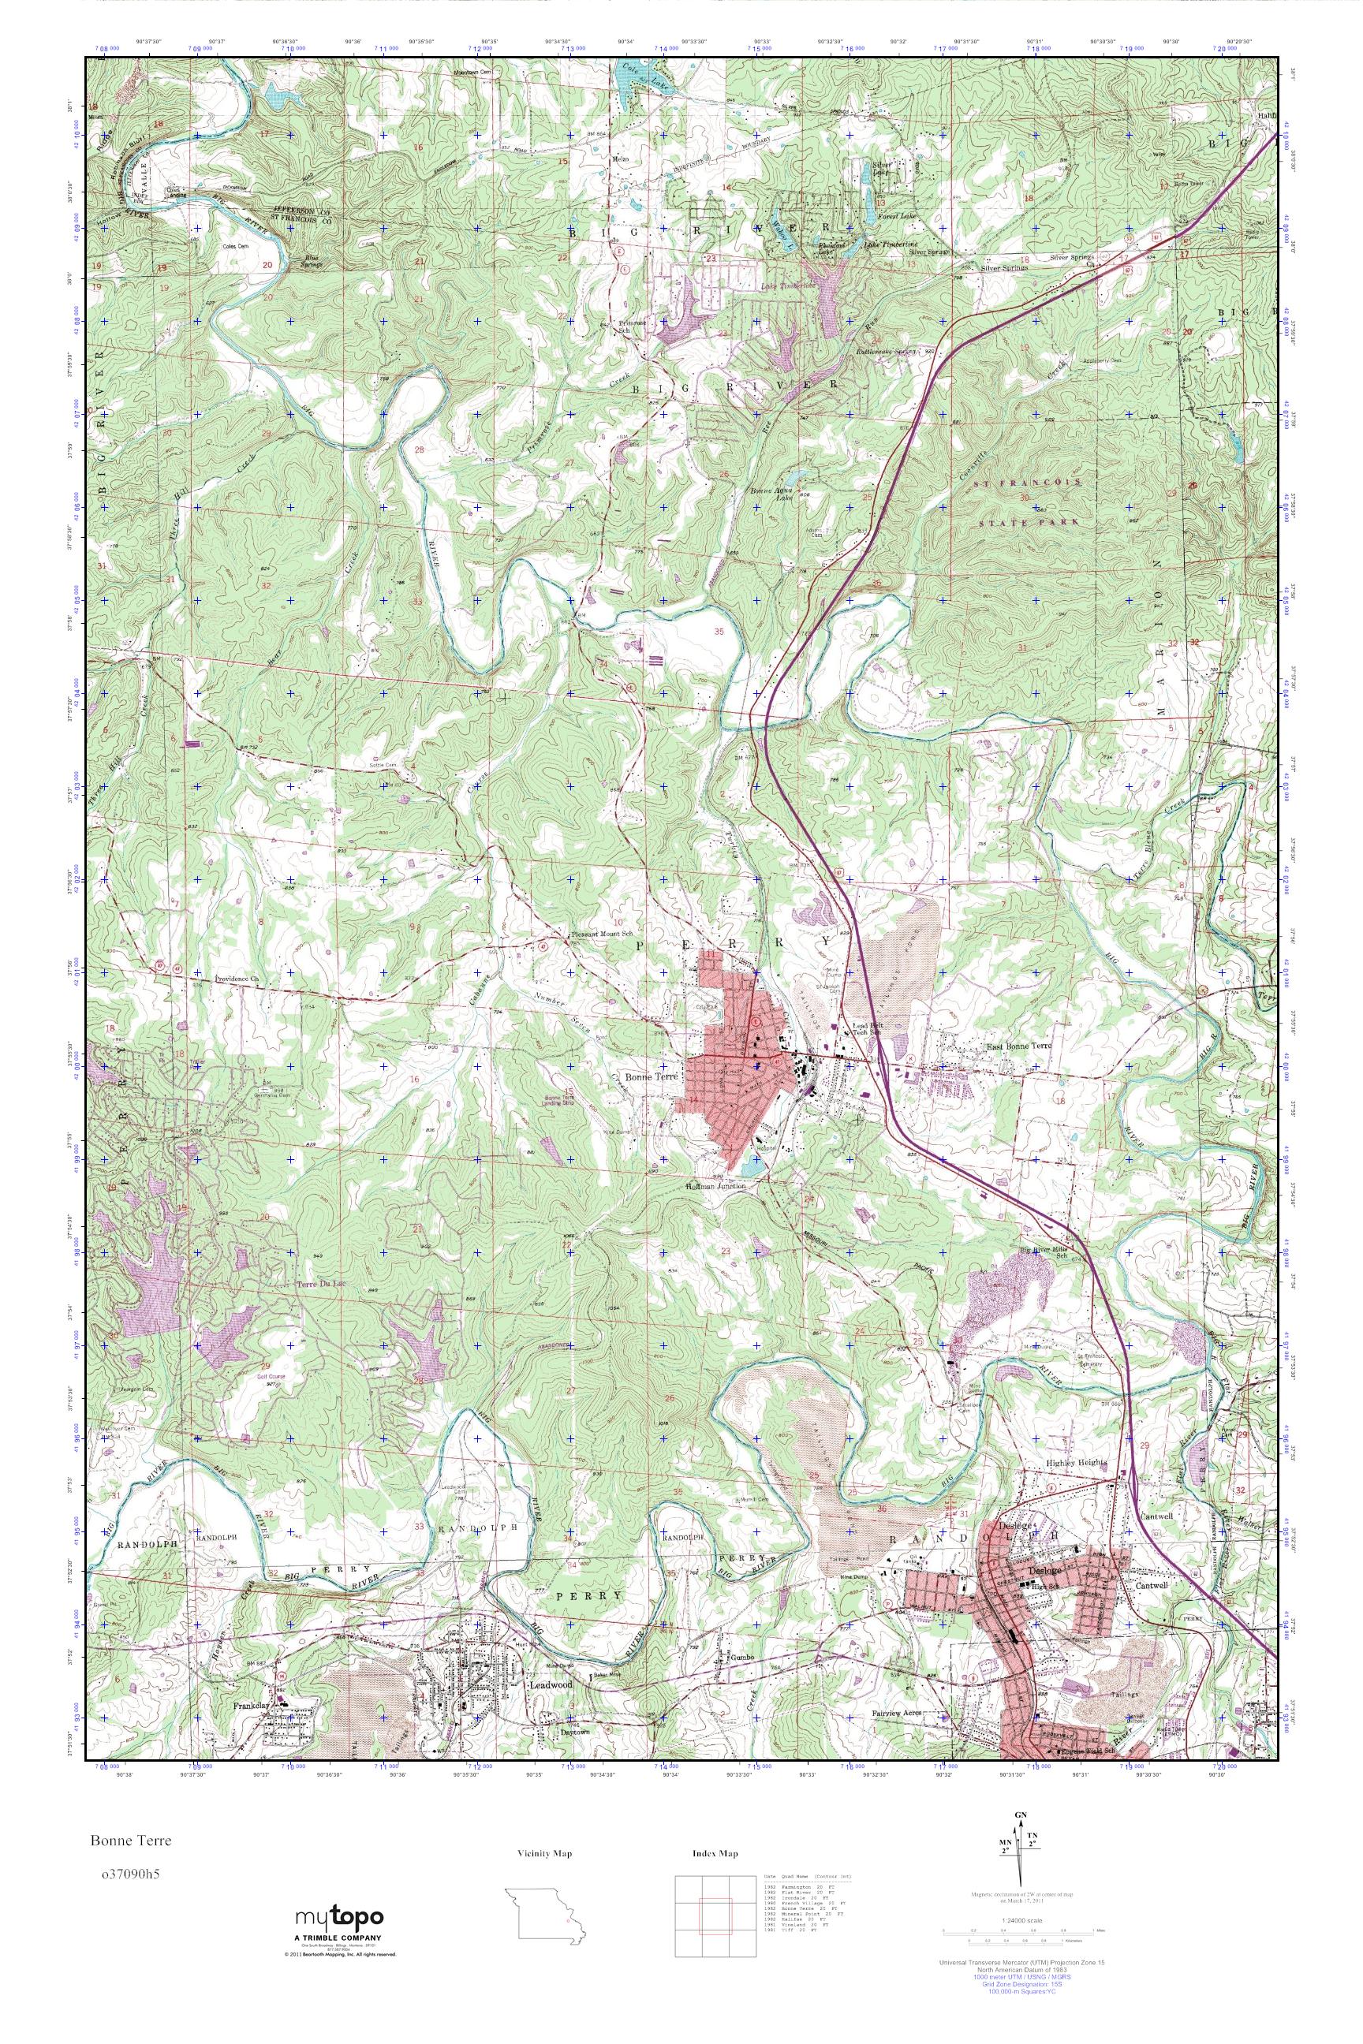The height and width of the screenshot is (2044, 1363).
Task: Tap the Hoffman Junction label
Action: click(x=715, y=1184)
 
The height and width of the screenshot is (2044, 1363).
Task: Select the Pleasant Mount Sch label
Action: click(x=599, y=934)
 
